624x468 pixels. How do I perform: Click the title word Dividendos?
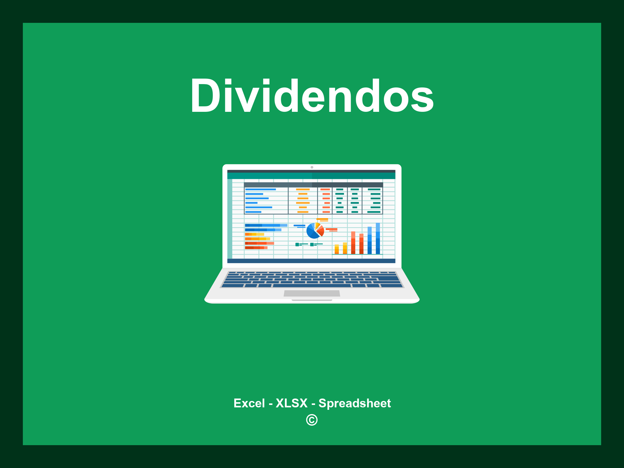(x=312, y=96)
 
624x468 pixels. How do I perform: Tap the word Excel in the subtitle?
(x=249, y=403)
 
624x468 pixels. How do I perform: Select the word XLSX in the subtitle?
(x=292, y=403)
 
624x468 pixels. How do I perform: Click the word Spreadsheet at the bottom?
(x=355, y=403)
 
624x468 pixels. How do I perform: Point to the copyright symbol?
(x=312, y=420)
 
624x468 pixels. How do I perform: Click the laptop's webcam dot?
(x=312, y=167)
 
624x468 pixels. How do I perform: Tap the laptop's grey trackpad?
(x=312, y=293)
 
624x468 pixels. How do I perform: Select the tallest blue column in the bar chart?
(x=378, y=238)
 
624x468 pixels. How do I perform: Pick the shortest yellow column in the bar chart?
(x=337, y=249)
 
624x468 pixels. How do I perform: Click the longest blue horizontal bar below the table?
(x=266, y=225)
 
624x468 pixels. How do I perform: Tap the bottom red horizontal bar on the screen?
(x=256, y=248)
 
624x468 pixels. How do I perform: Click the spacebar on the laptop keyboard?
(x=312, y=285)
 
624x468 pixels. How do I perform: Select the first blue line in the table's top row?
(x=261, y=190)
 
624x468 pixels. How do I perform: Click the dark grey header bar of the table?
(x=313, y=185)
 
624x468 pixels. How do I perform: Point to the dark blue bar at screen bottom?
(x=311, y=261)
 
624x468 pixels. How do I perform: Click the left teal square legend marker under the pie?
(x=297, y=244)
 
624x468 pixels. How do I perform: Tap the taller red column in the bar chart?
(x=353, y=243)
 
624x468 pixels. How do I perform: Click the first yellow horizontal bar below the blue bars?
(x=254, y=234)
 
